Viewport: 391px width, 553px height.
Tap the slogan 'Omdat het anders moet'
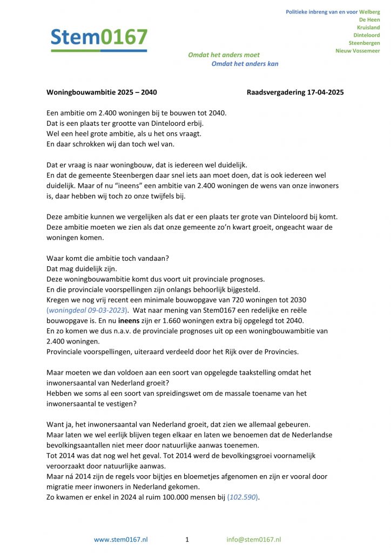point(224,55)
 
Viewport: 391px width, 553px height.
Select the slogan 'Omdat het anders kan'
point(245,64)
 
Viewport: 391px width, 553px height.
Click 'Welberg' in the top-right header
point(369,12)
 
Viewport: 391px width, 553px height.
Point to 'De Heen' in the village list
point(369,19)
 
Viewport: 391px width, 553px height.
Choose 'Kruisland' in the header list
point(368,28)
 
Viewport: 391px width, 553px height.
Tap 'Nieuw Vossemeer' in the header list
point(358,51)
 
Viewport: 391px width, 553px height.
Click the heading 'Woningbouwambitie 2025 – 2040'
point(102,92)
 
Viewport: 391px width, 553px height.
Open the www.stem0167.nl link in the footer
point(121,539)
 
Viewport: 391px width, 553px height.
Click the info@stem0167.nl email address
point(254,539)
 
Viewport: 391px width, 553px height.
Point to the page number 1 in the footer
point(187,539)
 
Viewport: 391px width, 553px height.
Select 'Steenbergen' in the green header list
point(364,43)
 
